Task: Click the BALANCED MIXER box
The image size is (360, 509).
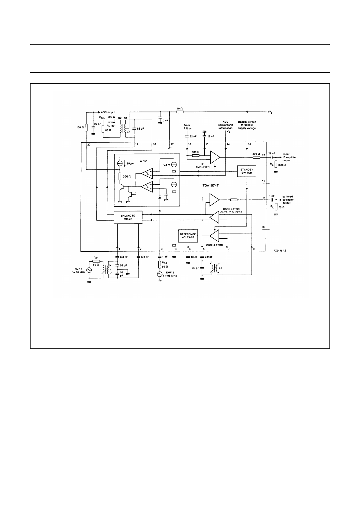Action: (128, 217)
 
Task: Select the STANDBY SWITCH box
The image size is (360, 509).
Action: (247, 171)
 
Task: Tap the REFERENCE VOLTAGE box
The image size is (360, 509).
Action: (188, 236)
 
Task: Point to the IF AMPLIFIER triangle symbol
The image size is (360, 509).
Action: (215, 157)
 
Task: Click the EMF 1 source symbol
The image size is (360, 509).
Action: (89, 270)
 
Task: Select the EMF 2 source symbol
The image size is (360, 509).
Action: (160, 274)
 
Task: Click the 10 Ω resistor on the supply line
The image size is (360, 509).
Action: (180, 112)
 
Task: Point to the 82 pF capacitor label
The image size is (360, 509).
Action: (141, 129)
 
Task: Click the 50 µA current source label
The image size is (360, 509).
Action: (130, 164)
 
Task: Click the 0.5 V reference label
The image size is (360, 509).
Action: (167, 165)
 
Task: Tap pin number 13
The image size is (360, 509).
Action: (249, 144)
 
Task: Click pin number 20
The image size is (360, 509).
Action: (89, 145)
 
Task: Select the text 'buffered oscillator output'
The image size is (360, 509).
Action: (288, 200)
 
